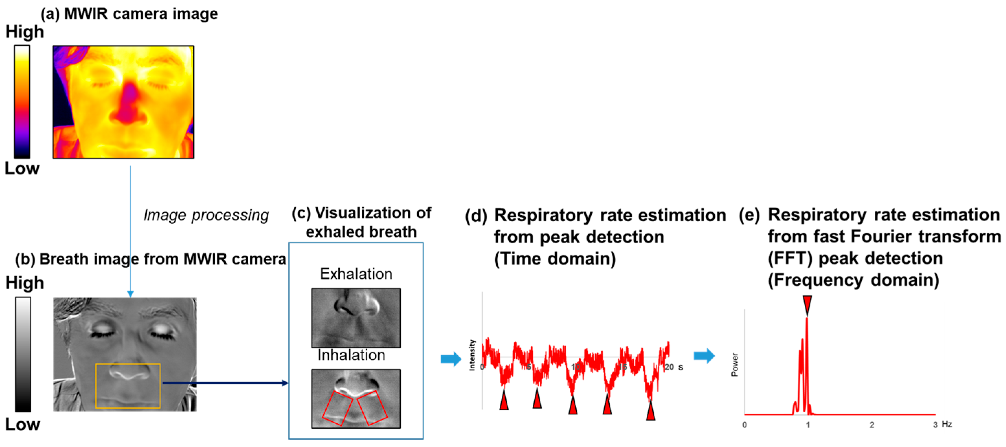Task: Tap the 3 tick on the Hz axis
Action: pos(935,425)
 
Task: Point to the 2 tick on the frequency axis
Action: pos(872,425)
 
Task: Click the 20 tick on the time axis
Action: pos(669,367)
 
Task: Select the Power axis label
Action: pos(735,365)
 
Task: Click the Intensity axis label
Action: pos(472,355)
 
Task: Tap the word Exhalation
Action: pos(356,274)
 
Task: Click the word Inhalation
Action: pos(351,355)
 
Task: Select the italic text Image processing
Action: pos(206,215)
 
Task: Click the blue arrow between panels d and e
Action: pos(704,356)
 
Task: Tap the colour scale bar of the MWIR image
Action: pos(22,102)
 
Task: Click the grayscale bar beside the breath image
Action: pos(23,354)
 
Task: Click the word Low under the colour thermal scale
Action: pos(22,168)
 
